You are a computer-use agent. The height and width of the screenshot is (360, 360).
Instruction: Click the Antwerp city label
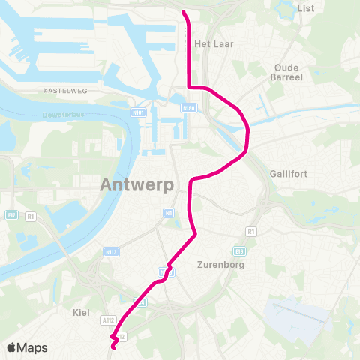click(x=137, y=184)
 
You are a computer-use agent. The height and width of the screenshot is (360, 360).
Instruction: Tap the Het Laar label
click(x=214, y=44)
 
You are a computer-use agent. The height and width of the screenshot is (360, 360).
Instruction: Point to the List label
click(x=306, y=8)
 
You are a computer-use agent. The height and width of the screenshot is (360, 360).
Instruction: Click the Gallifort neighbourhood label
click(x=289, y=174)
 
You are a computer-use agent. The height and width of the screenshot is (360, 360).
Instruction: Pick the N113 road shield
click(x=111, y=252)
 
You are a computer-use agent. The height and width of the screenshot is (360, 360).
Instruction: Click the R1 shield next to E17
click(x=31, y=217)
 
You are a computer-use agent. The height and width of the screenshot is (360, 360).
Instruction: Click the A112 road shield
click(x=107, y=319)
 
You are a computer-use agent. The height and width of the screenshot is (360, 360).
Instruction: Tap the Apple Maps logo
click(x=27, y=347)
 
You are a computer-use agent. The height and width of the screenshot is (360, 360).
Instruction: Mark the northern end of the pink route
click(x=184, y=11)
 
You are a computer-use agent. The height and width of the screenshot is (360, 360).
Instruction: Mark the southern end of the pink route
click(x=113, y=346)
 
